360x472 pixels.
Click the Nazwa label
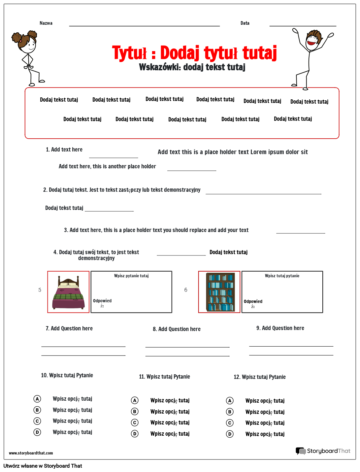(46, 23)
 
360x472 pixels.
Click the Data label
(245, 23)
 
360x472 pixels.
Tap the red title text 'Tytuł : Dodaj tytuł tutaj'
(194, 53)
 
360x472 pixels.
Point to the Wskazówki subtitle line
(192, 67)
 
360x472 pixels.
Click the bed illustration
(68, 292)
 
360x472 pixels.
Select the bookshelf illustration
(219, 292)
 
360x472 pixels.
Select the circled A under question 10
(37, 399)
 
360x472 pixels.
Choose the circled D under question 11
(135, 434)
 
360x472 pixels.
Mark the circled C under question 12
(230, 423)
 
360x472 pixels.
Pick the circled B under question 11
(135, 412)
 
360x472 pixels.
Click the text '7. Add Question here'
(69, 328)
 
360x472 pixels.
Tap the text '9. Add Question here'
(280, 328)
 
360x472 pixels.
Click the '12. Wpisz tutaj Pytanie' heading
(260, 377)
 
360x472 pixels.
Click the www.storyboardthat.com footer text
(31, 453)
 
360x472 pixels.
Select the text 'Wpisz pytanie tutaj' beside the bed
(131, 276)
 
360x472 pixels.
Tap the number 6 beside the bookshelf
(186, 290)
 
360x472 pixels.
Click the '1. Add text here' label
(64, 150)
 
